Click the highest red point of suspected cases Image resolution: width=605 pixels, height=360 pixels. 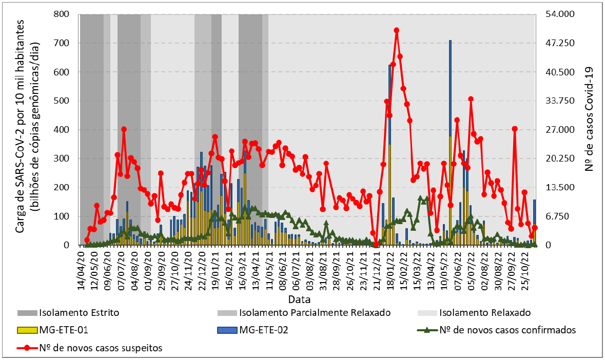point(397,30)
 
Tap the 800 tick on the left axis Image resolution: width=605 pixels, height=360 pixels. point(64,14)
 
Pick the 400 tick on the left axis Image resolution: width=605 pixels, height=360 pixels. point(64,130)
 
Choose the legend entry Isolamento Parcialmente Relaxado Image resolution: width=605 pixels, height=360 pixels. point(315,312)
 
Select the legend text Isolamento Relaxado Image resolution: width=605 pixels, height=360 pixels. point(485,312)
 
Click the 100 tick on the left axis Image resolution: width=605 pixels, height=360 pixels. point(64,216)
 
